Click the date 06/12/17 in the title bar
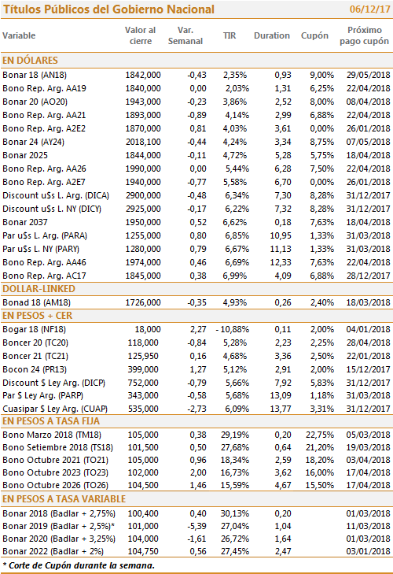click(x=369, y=9)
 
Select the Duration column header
click(x=272, y=35)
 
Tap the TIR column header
click(x=230, y=35)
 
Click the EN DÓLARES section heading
click(x=31, y=60)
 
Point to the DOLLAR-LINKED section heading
click(x=39, y=289)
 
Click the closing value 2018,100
click(x=143, y=142)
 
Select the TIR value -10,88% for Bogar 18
click(x=232, y=329)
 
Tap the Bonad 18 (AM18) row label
click(x=37, y=302)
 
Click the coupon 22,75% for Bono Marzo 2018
click(x=320, y=435)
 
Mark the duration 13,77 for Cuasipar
click(x=281, y=409)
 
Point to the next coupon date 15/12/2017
click(x=368, y=370)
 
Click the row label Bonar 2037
click(x=25, y=222)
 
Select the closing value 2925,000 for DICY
click(x=143, y=209)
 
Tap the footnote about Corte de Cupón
click(x=79, y=565)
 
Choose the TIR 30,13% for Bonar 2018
click(x=235, y=513)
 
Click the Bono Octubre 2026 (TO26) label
click(x=56, y=485)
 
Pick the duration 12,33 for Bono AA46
click(x=281, y=262)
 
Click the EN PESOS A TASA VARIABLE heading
click(x=64, y=499)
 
